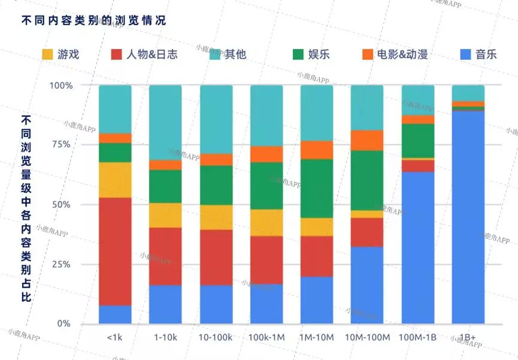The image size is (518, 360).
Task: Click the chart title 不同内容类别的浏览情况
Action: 93,20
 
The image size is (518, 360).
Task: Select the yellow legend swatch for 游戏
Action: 48,55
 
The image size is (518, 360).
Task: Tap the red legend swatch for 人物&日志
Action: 117,55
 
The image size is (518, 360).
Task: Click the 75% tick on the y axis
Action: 62,145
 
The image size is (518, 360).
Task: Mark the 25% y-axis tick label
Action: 62,264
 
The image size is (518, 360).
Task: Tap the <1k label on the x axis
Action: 115,338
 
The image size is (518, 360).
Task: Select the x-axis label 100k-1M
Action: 266,338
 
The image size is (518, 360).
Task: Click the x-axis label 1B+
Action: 468,338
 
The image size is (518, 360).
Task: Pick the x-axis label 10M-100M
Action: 367,338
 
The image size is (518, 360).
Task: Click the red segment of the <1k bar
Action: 115,252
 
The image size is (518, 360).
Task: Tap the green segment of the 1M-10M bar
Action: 317,188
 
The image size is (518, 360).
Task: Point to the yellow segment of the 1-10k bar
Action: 165,215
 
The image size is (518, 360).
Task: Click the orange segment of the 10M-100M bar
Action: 367,140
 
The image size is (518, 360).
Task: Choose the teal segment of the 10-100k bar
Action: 216,119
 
